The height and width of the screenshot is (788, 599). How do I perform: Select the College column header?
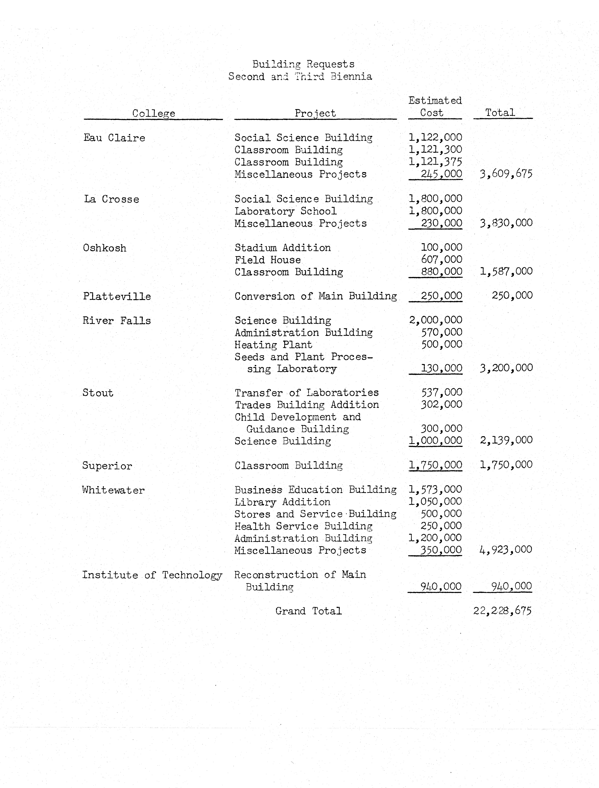[154, 113]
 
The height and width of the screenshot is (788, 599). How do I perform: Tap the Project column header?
[315, 113]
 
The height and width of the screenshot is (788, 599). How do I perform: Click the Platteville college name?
[117, 296]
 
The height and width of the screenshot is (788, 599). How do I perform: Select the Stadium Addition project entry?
[282, 248]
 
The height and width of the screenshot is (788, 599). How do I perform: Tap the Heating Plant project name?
[273, 345]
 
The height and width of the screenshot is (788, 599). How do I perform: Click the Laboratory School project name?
[285, 211]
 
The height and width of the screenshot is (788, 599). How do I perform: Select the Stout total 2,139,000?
[506, 440]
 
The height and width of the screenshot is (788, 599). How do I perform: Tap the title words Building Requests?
[303, 64]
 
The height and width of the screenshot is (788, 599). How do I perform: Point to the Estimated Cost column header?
[435, 107]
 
